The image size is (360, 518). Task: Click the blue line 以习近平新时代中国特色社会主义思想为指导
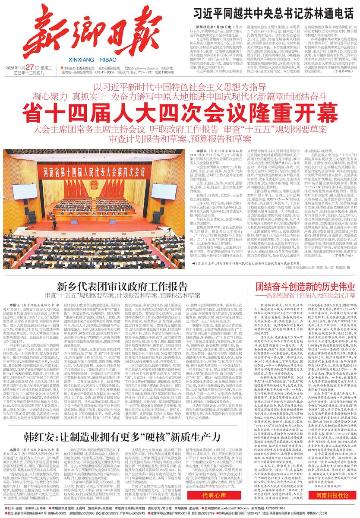tap(180, 76)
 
